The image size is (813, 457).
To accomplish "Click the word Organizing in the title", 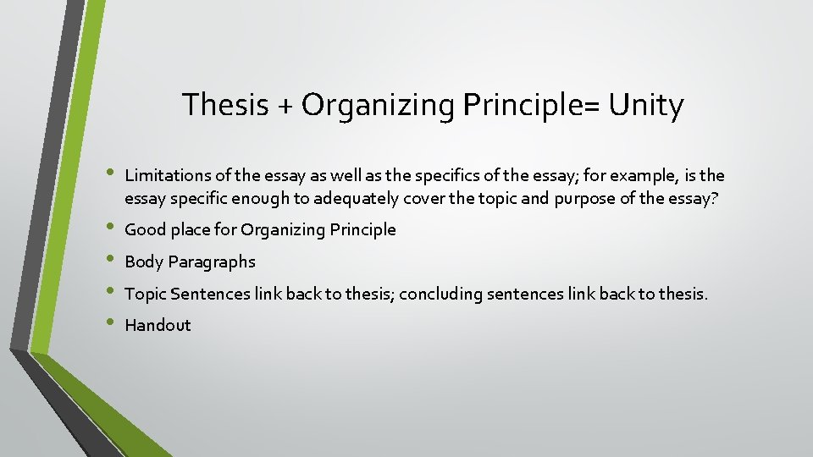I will pos(378,107).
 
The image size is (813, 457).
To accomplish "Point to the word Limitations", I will pos(165,176).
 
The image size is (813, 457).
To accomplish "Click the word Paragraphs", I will pos(212,262).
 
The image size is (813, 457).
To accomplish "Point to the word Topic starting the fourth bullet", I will pos(145,295).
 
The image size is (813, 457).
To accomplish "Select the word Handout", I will pos(158,325).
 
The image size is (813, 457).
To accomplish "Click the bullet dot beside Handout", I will pos(108,323).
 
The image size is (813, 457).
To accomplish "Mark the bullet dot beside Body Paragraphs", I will pos(108,261).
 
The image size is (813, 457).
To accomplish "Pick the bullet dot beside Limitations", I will pos(108,174).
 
